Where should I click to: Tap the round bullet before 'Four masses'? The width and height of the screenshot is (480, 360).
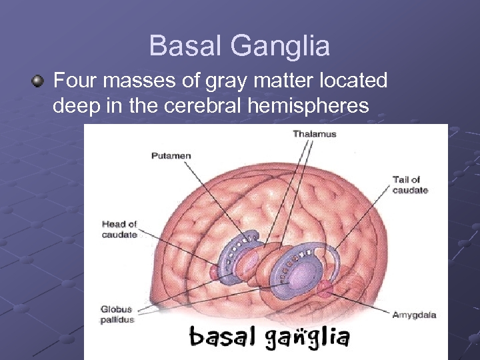click(x=38, y=82)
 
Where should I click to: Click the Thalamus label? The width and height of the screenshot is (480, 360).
click(x=314, y=134)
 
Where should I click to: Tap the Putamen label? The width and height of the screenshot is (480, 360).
click(x=171, y=156)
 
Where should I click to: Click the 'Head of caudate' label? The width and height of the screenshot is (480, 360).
click(x=119, y=229)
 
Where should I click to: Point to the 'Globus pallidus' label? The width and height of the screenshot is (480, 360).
click(x=117, y=314)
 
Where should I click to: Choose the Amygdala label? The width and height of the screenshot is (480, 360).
click(x=414, y=315)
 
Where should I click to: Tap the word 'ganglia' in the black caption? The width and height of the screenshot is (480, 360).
click(x=307, y=337)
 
